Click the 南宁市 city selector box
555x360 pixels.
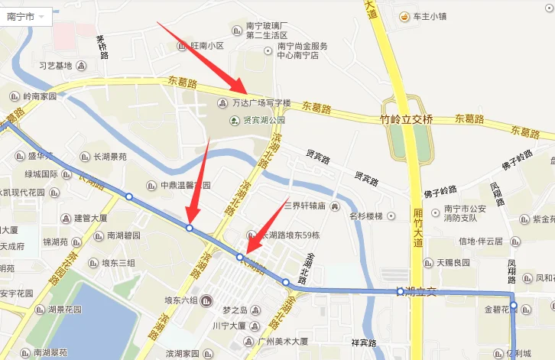[26, 16]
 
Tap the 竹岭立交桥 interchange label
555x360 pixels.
[406, 119]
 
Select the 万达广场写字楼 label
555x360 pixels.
[261, 103]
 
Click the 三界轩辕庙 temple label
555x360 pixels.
[305, 206]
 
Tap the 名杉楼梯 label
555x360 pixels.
[366, 216]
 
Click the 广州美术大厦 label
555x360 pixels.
[282, 341]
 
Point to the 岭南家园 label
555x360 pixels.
[40, 97]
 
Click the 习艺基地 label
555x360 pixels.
[55, 66]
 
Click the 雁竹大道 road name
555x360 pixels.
[417, 227]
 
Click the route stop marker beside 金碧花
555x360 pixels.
[514, 306]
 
